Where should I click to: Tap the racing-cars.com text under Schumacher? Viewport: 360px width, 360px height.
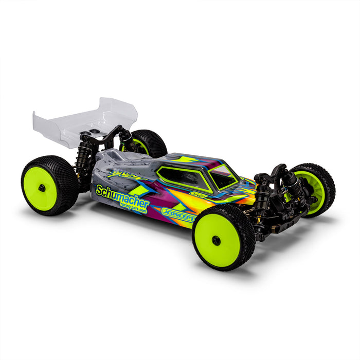click(133, 207)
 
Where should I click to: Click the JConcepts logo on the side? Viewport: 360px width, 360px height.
click(177, 213)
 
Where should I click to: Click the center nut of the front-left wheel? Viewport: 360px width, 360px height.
click(217, 240)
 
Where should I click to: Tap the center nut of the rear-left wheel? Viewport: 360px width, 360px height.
click(41, 188)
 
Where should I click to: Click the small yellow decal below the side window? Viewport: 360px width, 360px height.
click(198, 195)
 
